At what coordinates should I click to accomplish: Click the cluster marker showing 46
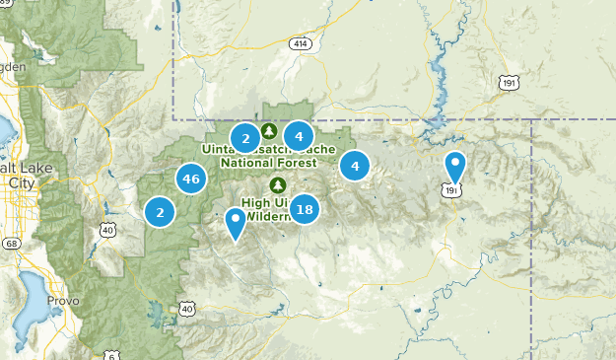[x=191, y=179]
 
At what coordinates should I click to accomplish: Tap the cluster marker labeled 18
[x=305, y=209]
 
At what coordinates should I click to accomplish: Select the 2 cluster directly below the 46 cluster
[x=160, y=211]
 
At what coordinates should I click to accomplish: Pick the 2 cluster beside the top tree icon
[x=245, y=137]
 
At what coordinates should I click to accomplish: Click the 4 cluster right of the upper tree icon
[x=299, y=136]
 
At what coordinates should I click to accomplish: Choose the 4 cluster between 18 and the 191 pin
[x=355, y=166]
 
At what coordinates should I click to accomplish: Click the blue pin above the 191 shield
[x=454, y=166]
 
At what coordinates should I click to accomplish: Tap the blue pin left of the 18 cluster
[x=236, y=222]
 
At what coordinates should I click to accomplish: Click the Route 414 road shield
[x=300, y=44]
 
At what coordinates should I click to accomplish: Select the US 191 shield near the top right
[x=508, y=82]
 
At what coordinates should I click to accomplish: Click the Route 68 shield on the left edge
[x=11, y=243]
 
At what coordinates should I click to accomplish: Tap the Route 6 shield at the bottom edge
[x=112, y=354]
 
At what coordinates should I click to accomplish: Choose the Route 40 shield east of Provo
[x=186, y=310]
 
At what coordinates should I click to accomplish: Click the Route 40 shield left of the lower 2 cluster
[x=106, y=230]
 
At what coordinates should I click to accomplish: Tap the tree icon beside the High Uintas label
[x=277, y=184]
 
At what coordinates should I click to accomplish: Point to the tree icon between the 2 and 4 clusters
[x=271, y=130]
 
